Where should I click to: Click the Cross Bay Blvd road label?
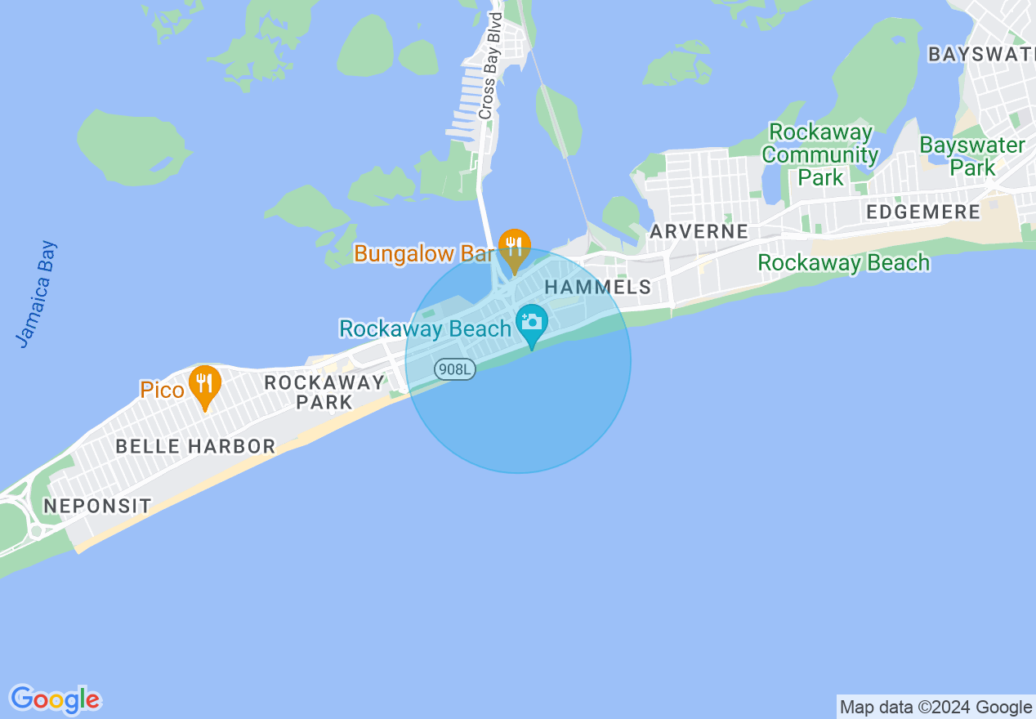[x=489, y=66]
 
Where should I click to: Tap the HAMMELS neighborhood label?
[x=597, y=288]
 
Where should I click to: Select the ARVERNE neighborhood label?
[x=699, y=231]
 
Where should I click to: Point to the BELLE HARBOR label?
[x=195, y=446]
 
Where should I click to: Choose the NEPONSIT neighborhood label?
[x=97, y=506]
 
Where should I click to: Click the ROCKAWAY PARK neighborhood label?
[x=324, y=392]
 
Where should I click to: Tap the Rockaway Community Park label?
[x=823, y=155]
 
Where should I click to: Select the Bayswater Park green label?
[x=971, y=156]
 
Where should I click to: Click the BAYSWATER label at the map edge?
[x=981, y=55]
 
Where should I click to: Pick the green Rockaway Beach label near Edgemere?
[x=843, y=263]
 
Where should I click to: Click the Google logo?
[x=55, y=699]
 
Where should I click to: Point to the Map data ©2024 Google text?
[x=936, y=708]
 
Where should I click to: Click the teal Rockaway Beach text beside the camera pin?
[x=426, y=329]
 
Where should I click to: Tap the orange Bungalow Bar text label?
[x=424, y=253]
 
